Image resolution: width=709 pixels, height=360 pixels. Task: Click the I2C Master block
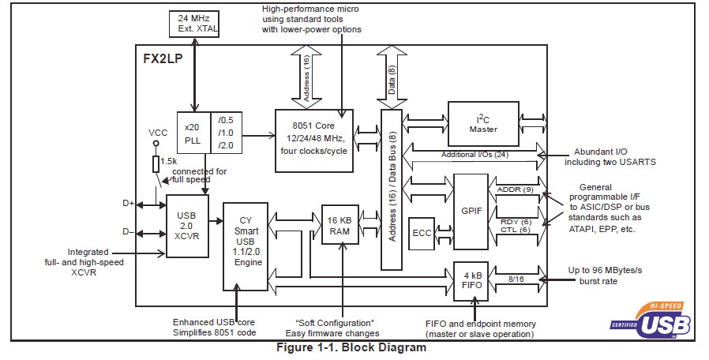coord(484,122)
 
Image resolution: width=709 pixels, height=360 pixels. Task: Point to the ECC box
coord(422,233)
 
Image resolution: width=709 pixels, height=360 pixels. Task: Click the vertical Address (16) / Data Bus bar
coord(392,189)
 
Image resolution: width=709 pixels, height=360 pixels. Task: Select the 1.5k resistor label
coord(168,161)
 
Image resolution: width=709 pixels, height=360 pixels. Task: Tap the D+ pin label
coord(128,204)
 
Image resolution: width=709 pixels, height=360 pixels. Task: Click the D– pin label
coord(128,232)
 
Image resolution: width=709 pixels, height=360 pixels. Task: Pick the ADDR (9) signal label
coord(516,189)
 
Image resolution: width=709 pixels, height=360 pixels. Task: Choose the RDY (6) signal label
coord(515,222)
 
